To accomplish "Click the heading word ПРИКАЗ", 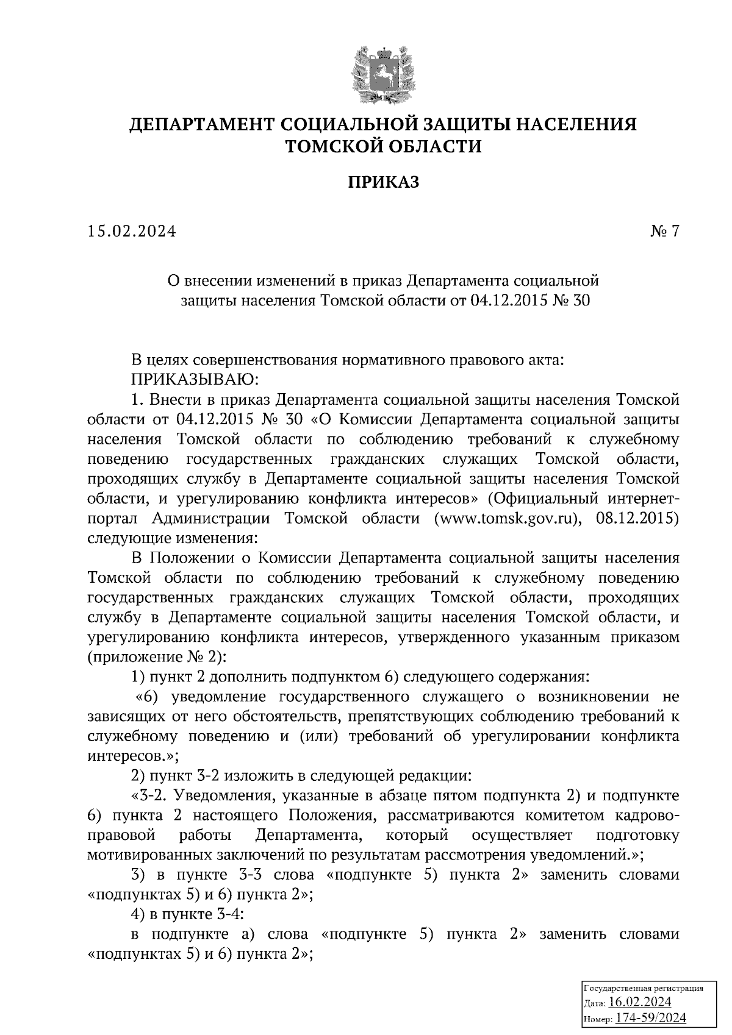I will [384, 182].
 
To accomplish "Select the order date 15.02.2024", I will [131, 231].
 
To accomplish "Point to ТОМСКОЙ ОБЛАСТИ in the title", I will [384, 146].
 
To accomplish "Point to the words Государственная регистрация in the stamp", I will [644, 988].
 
